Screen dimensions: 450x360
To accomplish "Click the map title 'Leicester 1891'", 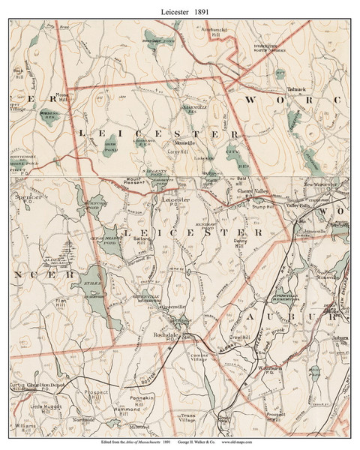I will pos(180,10).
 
